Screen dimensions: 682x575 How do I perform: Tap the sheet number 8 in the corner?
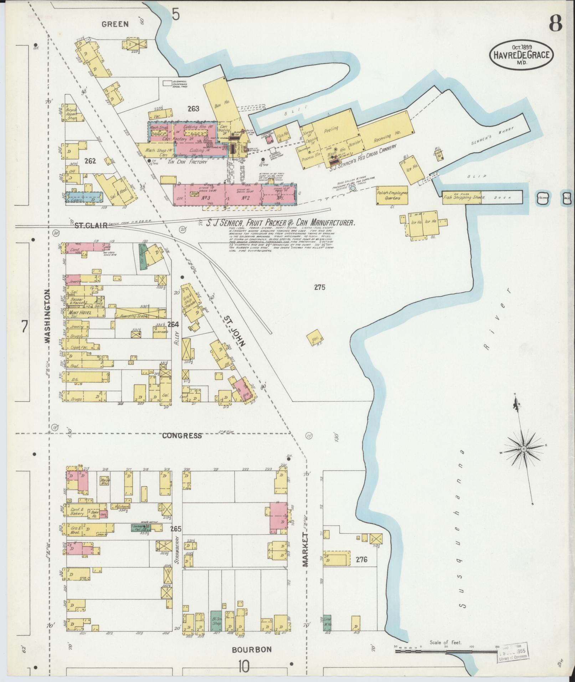[555, 24]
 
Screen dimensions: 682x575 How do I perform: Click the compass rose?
[524, 448]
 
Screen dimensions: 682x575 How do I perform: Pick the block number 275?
[320, 287]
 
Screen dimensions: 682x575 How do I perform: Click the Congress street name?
[182, 436]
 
